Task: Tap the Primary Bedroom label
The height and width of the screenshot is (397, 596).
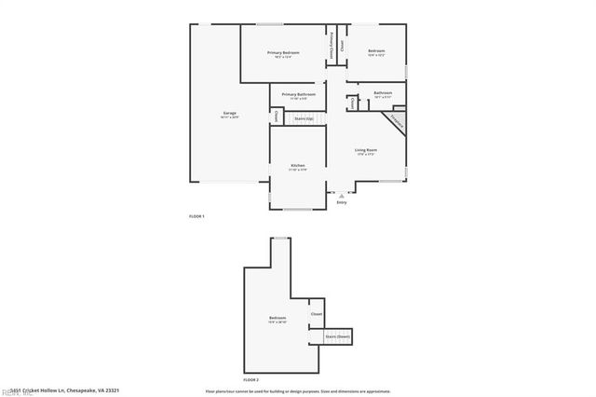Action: coord(283,54)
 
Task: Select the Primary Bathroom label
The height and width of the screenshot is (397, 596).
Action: coord(299,95)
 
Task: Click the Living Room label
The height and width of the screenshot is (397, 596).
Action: coord(365,151)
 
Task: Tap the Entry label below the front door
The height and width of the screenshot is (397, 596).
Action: coord(341,201)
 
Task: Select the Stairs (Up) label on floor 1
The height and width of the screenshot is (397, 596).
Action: coord(303,118)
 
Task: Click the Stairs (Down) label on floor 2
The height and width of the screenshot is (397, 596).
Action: coord(337,335)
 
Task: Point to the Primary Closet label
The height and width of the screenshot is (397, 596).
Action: coord(331,46)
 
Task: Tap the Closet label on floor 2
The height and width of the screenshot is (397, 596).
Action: coord(317,314)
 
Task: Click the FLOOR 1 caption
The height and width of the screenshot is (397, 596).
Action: coord(196,216)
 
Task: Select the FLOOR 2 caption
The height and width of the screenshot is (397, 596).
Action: coord(251,380)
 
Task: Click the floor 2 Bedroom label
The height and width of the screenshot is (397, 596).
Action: coord(278,320)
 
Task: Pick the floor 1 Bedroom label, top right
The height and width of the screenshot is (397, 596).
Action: coord(375,52)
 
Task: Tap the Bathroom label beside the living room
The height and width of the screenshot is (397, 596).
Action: coord(383,94)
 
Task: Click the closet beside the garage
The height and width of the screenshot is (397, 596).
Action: coord(277,117)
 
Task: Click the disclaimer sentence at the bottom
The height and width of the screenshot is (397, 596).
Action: coord(298,391)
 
